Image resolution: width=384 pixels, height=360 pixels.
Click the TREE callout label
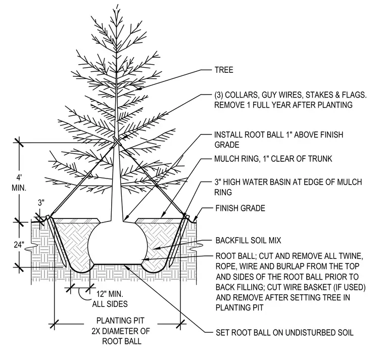224,70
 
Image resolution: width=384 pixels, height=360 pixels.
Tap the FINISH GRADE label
240,208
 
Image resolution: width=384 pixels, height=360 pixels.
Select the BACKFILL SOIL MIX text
248,240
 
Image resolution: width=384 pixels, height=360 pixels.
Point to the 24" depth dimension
19,245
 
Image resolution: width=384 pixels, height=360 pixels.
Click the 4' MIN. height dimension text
19,183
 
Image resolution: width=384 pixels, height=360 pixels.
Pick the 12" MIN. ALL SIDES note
110,299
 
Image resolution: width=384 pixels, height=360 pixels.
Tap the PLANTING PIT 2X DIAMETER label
120,331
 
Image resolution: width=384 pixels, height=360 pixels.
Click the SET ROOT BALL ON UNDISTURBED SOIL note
284,333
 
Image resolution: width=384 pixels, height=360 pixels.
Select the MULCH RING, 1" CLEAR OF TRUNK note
273,159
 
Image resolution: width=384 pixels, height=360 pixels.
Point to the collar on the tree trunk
117,142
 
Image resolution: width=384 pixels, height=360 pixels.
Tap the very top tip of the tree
118,5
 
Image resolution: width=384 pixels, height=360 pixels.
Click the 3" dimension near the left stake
41,203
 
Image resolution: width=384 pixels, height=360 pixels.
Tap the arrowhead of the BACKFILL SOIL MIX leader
154,249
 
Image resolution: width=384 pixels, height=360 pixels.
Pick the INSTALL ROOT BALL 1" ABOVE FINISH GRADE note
279,140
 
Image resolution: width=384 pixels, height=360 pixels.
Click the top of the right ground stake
188,216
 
